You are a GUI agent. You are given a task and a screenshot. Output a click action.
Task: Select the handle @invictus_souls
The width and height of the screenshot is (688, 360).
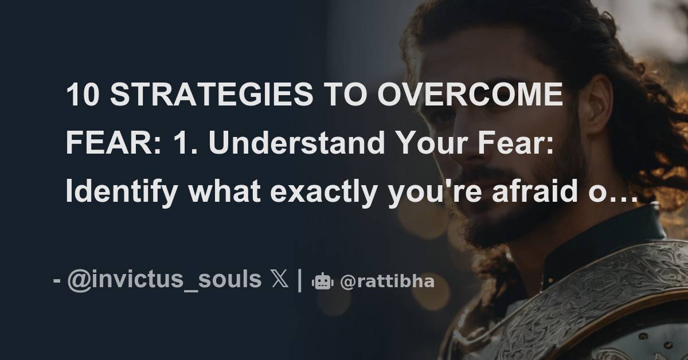coord(164,280)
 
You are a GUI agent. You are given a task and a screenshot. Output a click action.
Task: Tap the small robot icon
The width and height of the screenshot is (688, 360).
coord(322,281)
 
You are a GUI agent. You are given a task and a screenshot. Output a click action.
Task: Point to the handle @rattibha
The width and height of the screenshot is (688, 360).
coord(387,281)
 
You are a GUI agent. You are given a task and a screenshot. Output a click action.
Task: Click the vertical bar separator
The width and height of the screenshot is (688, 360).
coord(299,280)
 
